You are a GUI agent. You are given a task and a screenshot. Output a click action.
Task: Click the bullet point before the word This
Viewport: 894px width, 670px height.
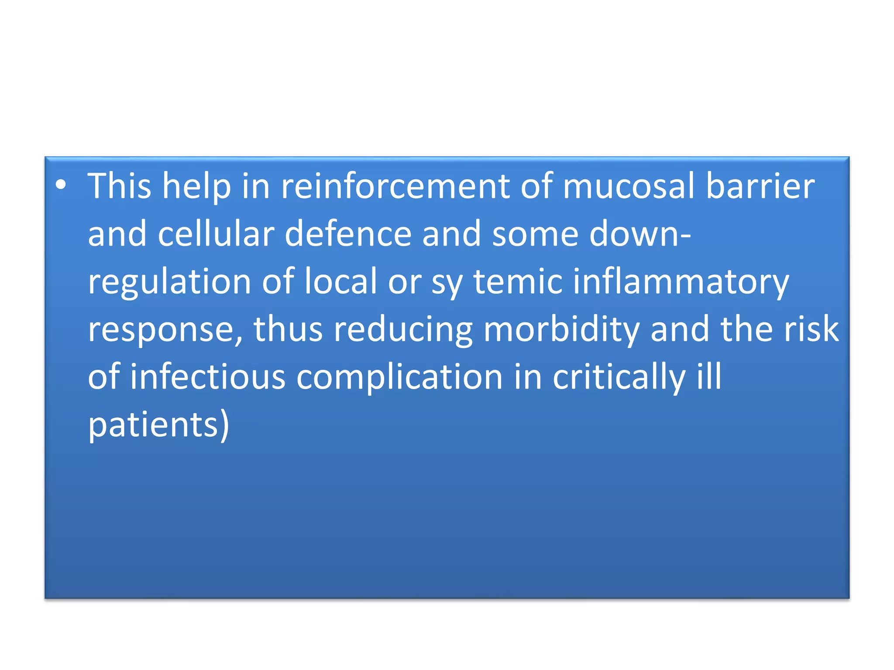pos(61,185)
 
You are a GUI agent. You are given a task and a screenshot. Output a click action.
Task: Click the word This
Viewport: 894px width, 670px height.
pos(119,186)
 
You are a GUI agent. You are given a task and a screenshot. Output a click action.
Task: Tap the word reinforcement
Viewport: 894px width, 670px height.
pos(395,186)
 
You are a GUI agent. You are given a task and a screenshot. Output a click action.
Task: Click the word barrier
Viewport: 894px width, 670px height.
pos(760,186)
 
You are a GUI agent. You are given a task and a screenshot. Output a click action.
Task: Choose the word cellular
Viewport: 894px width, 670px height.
pos(216,234)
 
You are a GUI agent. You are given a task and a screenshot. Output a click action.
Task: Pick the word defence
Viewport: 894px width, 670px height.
pos(348,234)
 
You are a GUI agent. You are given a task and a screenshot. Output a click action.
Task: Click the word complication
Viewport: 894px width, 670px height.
pos(399,378)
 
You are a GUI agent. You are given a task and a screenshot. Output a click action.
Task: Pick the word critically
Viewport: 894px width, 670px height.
pos(619,378)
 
